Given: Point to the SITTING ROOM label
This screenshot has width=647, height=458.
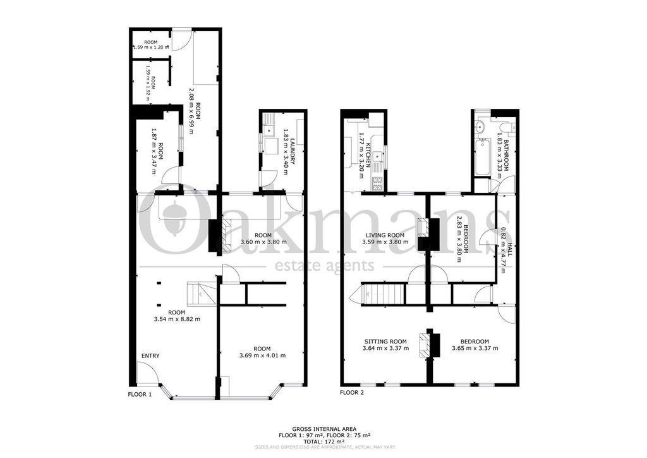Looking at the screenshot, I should [385, 341].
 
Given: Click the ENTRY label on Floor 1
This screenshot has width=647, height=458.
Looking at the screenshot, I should [150, 356].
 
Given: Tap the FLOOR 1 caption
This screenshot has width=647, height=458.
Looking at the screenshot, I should [140, 394].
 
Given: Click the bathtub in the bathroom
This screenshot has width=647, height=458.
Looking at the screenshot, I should [480, 156].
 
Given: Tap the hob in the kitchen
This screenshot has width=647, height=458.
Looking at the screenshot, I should [378, 184].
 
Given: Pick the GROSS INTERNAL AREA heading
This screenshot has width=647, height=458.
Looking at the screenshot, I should [323, 429].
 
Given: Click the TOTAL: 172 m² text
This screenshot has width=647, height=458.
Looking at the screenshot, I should [323, 442].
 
